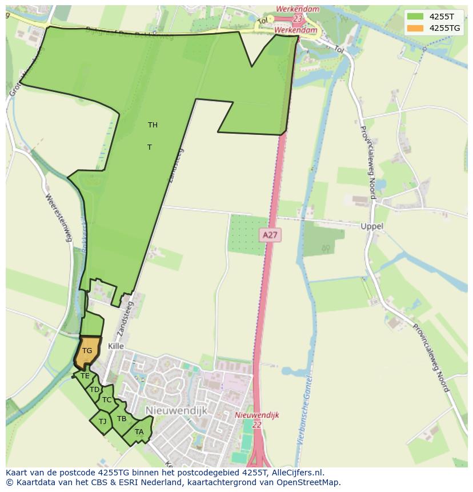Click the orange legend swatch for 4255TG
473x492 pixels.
(x=415, y=29)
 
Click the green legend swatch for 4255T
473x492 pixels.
(x=415, y=17)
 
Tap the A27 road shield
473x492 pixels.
(x=271, y=235)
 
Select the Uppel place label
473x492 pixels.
(x=372, y=226)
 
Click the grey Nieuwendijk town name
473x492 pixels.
(x=176, y=410)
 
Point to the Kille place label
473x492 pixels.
(x=115, y=347)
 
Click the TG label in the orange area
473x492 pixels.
(x=87, y=351)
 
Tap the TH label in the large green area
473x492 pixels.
(x=153, y=125)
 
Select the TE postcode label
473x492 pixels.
(x=85, y=376)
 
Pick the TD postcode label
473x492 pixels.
(x=94, y=390)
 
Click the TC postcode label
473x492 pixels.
(x=107, y=400)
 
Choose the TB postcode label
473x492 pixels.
(x=122, y=419)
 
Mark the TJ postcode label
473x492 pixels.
(x=103, y=422)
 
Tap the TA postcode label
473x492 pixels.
(x=139, y=432)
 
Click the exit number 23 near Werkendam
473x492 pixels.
(x=298, y=19)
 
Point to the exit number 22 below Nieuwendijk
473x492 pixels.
(x=256, y=425)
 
